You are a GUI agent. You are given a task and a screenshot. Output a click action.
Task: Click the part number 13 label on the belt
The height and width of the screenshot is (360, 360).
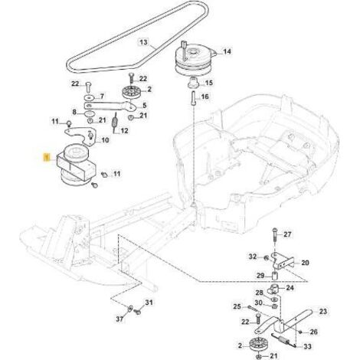pyautogui.click(x=144, y=41)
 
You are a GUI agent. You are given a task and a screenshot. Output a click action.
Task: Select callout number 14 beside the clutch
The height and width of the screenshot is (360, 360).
pyautogui.click(x=227, y=51)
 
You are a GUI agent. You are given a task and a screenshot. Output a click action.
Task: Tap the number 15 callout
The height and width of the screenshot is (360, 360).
pyautogui.click(x=209, y=83)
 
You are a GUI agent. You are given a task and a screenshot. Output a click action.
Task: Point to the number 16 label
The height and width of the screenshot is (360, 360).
pyautogui.click(x=205, y=97)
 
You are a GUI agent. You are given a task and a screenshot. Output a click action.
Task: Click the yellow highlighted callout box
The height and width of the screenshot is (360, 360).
pyautogui.click(x=46, y=157)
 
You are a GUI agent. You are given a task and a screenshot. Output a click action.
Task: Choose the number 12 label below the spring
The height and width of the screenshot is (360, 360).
pyautogui.click(x=124, y=131)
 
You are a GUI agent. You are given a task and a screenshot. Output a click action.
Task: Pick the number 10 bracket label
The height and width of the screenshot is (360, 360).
pyautogui.click(x=105, y=140)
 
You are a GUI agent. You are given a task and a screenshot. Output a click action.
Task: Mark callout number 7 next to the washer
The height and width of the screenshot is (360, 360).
pyautogui.click(x=102, y=97)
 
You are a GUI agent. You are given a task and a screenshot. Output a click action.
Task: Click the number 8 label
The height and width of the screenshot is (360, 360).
pyautogui.click(x=74, y=112)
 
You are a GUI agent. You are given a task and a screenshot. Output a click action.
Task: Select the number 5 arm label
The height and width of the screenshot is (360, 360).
pyautogui.click(x=145, y=105)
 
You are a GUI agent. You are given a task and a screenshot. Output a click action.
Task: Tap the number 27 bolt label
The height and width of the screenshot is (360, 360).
pyautogui.click(x=287, y=234)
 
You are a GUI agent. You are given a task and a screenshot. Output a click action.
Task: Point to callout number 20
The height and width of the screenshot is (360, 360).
pyautogui.click(x=305, y=263)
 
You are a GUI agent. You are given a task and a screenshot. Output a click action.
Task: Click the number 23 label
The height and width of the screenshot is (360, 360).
pyautogui.click(x=323, y=311)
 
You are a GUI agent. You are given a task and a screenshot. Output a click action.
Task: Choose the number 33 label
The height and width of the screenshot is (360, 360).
pyautogui.click(x=308, y=346)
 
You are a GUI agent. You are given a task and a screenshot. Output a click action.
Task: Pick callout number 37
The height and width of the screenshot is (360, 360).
pyautogui.click(x=119, y=319)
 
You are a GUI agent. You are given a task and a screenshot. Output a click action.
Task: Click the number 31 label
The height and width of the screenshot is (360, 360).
pyautogui.click(x=149, y=303)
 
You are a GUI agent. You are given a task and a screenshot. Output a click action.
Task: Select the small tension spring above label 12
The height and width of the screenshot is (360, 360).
pyautogui.click(x=115, y=122)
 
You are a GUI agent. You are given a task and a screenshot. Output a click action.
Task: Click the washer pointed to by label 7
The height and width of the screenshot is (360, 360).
pyautogui.click(x=90, y=97)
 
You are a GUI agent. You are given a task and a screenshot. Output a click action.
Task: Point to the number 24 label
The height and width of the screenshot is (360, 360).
pyautogui.click(x=290, y=288)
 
